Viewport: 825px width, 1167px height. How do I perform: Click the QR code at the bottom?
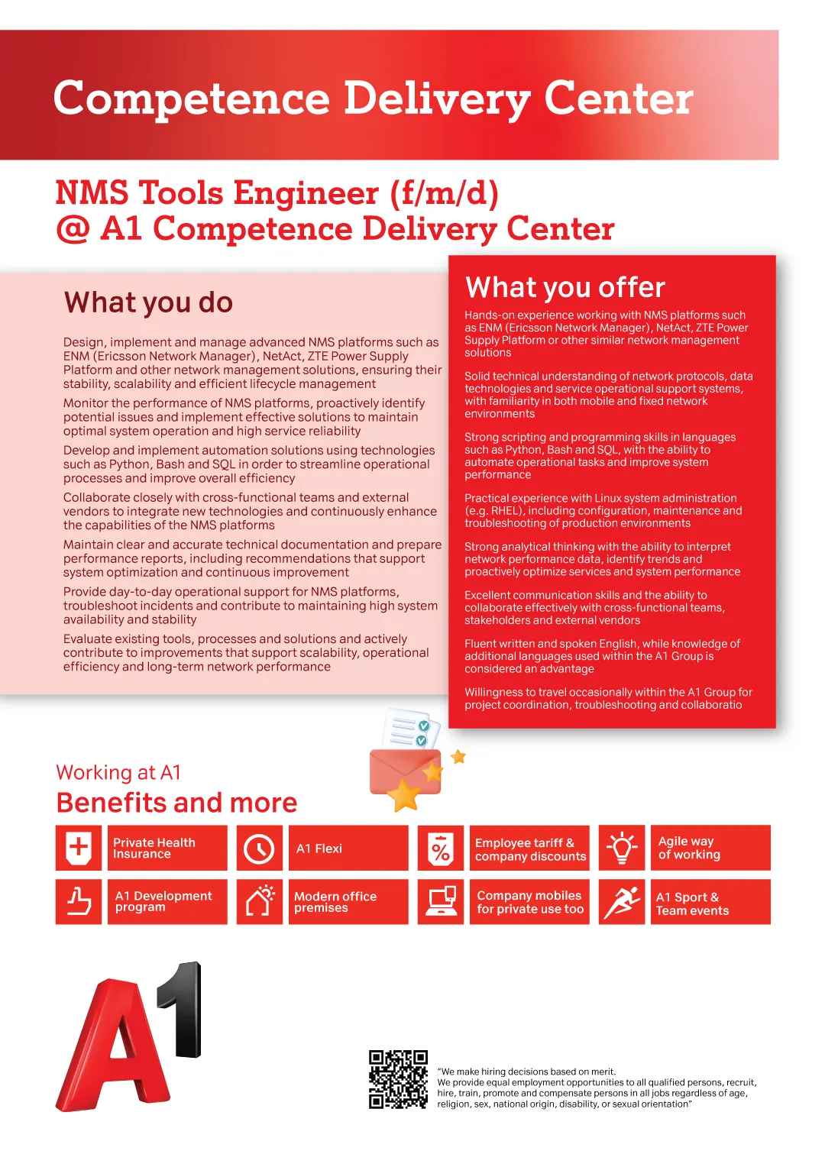pyautogui.click(x=398, y=1079)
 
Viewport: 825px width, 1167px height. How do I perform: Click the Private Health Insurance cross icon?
pyautogui.click(x=79, y=848)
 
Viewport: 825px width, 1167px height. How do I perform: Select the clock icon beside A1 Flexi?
pyautogui.click(x=259, y=849)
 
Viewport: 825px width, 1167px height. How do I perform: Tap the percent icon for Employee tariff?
pyautogui.click(x=441, y=849)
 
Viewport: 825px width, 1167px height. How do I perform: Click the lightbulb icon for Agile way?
pyautogui.click(x=622, y=848)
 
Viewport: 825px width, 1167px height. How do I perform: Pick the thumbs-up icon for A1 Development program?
pyautogui.click(x=79, y=902)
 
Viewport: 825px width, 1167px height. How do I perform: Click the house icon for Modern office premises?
pyautogui.click(x=259, y=902)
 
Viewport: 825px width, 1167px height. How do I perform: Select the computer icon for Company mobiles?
pyautogui.click(x=441, y=902)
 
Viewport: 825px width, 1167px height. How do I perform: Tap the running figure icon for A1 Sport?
pyautogui.click(x=622, y=902)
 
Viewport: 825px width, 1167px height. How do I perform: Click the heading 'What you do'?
pyautogui.click(x=148, y=302)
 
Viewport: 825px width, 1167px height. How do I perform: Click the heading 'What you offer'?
pyautogui.click(x=565, y=287)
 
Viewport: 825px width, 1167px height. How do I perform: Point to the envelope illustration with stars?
pyautogui.click(x=405, y=764)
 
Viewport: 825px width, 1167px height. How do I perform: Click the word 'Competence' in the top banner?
pyautogui.click(x=191, y=99)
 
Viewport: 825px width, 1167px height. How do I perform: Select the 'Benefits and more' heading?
pyautogui.click(x=176, y=803)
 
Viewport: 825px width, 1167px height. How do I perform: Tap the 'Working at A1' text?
pyautogui.click(x=118, y=772)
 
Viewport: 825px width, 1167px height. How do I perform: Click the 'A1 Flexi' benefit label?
pyautogui.click(x=319, y=849)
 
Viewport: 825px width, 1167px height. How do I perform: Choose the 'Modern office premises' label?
pyautogui.click(x=335, y=902)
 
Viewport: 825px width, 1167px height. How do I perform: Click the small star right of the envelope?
pyautogui.click(x=458, y=757)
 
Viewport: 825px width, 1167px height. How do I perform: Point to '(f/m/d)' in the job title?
pyautogui.click(x=444, y=193)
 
